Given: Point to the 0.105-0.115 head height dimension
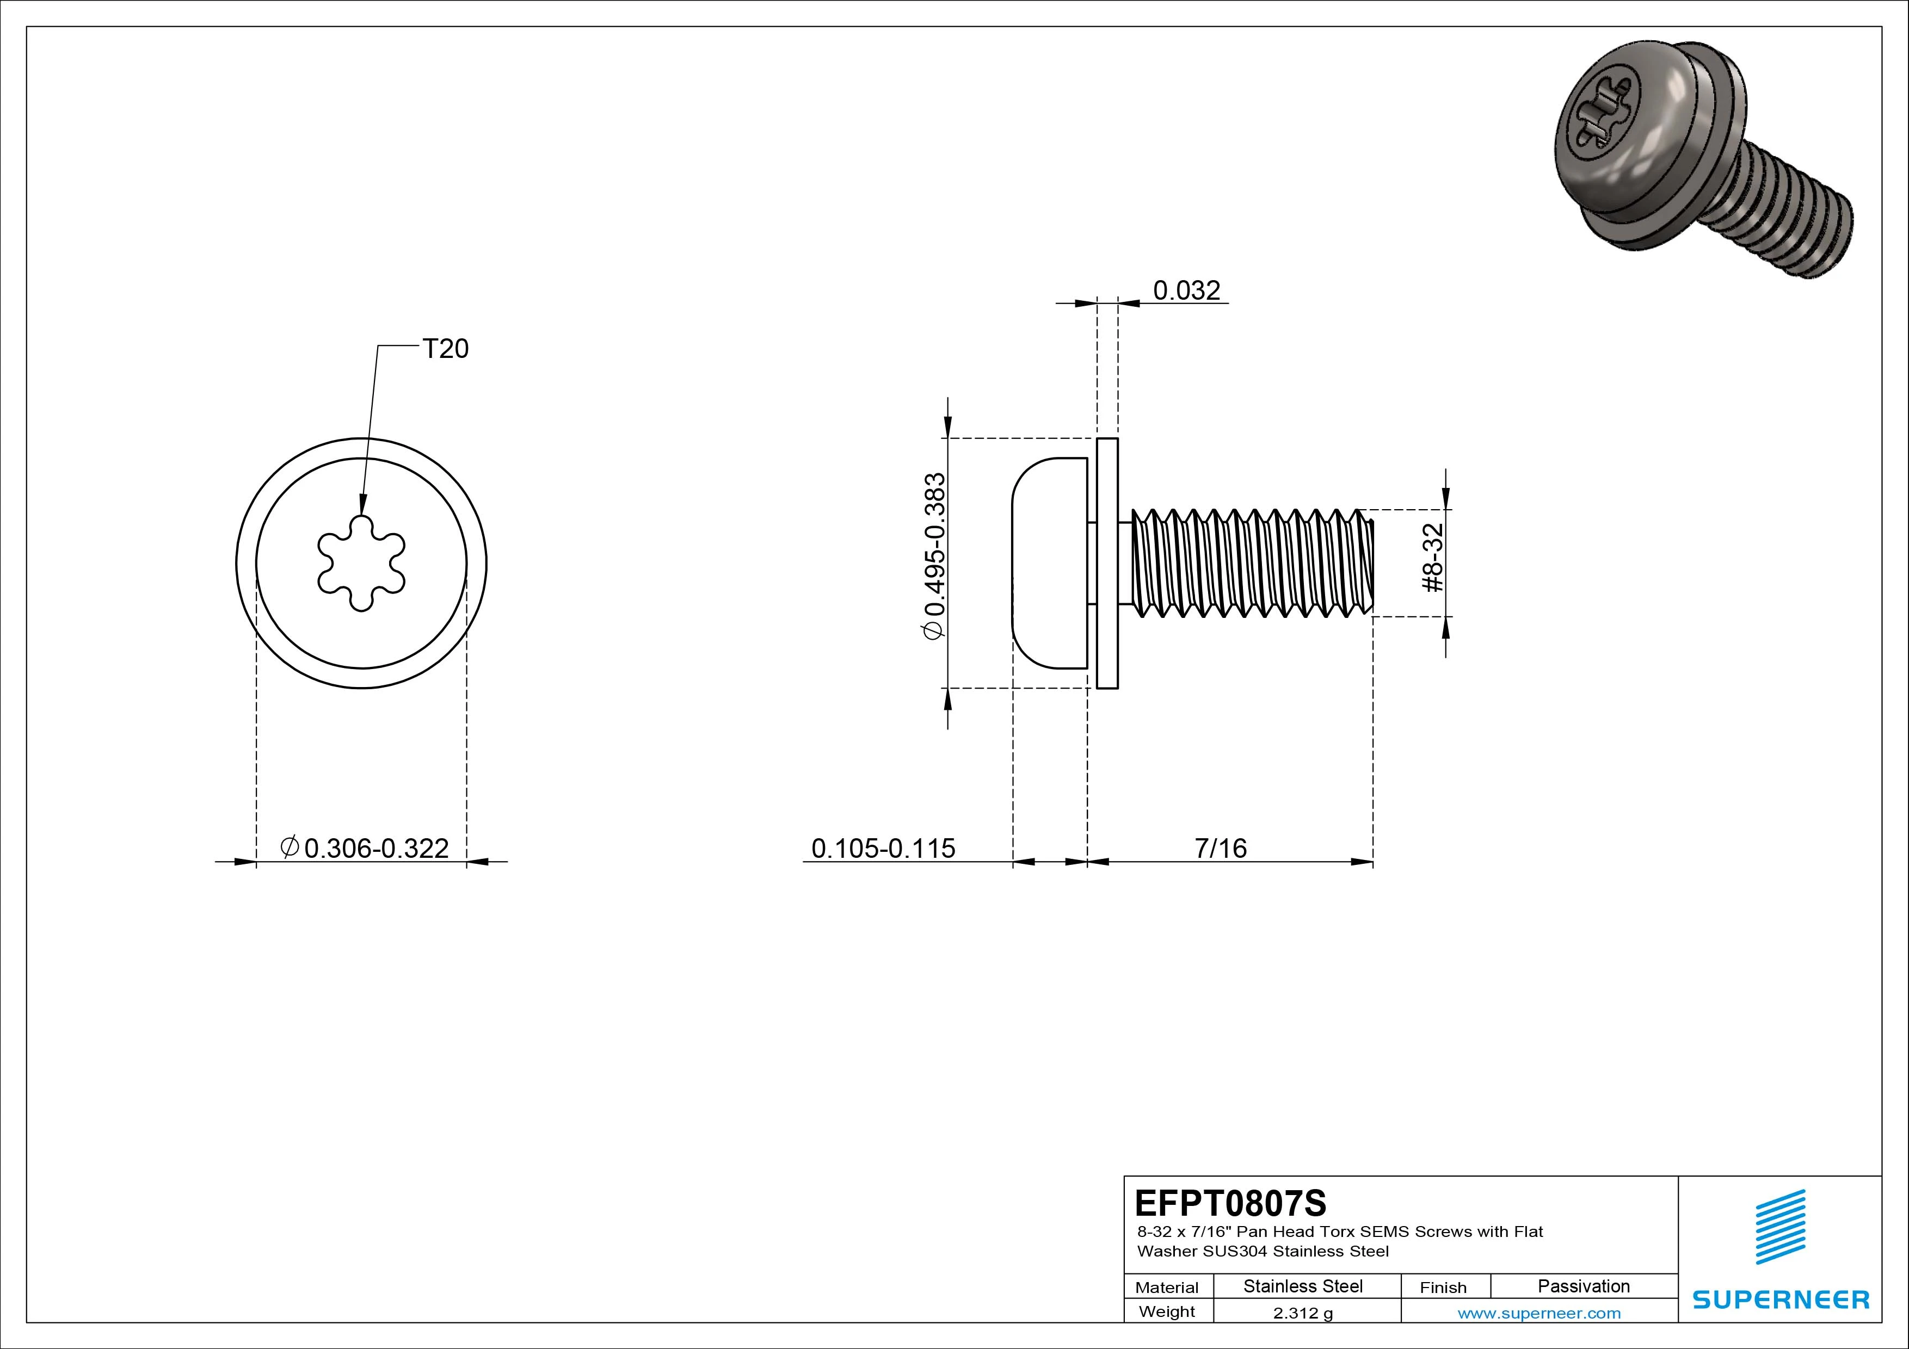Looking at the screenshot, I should pyautogui.click(x=883, y=848).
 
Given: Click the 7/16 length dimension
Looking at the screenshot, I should pyautogui.click(x=1221, y=848).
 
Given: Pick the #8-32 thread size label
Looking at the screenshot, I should pyautogui.click(x=1433, y=557).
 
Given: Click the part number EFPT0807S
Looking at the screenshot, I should pyautogui.click(x=1230, y=1203).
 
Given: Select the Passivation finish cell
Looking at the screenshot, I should pyautogui.click(x=1583, y=1286).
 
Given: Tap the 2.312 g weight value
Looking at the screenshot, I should pyautogui.click(x=1302, y=1313).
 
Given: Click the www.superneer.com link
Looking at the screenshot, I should pyautogui.click(x=1539, y=1313).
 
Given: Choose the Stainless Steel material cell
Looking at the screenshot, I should pyautogui.click(x=1302, y=1286).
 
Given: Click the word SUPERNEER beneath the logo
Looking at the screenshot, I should pyautogui.click(x=1780, y=1299).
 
